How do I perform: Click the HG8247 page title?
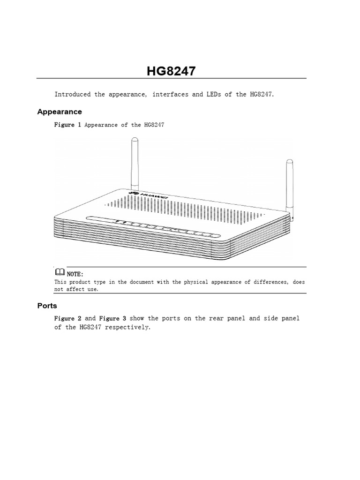tap(171, 71)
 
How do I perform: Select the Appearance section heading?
tap(60, 112)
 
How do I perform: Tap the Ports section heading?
tap(47, 306)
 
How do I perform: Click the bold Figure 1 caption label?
tap(68, 125)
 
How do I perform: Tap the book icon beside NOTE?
tap(60, 272)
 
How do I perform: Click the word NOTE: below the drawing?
tap(75, 273)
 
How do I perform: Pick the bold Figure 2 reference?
tap(68, 318)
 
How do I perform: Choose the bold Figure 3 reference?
tap(112, 318)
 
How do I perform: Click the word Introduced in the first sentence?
tap(73, 94)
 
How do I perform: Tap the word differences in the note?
tap(272, 282)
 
